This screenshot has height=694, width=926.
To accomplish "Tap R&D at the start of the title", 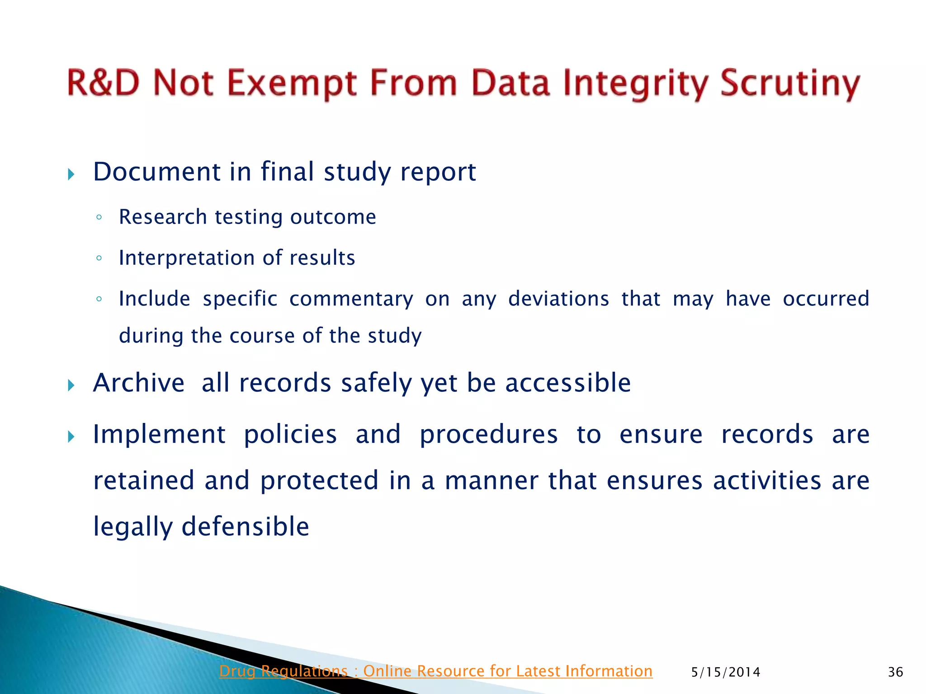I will (103, 83).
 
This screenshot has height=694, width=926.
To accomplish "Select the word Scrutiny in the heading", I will (789, 84).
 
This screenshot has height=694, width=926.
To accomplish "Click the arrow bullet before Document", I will (71, 174).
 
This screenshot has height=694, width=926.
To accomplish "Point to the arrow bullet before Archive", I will (71, 385).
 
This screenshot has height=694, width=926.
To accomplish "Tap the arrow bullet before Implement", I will (71, 437).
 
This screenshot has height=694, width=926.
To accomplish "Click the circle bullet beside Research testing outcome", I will (99, 218).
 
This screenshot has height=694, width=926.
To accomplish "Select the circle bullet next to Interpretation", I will (99, 258).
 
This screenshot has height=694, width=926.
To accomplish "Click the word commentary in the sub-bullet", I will (351, 299).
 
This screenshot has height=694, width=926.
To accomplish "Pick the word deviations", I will (558, 299).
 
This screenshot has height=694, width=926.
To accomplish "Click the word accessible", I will (567, 383).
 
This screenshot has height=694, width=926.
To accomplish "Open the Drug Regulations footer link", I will (435, 671).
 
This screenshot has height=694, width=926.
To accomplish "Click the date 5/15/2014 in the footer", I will (725, 672).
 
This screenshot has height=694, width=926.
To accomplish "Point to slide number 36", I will (895, 672).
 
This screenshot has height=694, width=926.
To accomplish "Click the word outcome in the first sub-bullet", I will (333, 217).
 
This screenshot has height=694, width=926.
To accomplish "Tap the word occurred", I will (826, 299).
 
